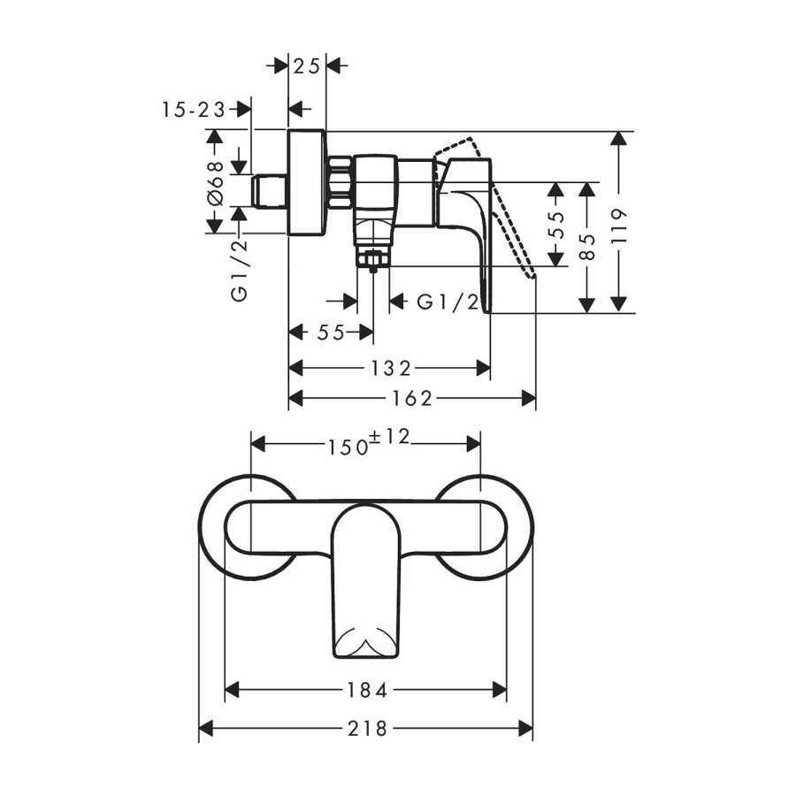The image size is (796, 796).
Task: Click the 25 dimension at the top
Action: pos(307,65)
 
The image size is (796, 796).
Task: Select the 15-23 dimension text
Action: pos(194,109)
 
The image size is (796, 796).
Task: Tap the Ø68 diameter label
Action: pos(216,183)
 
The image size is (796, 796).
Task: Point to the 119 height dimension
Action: pos(619,226)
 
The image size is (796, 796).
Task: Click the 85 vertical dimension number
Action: pos(587,247)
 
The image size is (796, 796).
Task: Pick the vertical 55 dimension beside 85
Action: pos(557,224)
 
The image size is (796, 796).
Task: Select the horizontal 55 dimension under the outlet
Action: pos(331,333)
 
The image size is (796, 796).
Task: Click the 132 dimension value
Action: pos(390,368)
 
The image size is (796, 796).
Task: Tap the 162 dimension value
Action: pos(411,399)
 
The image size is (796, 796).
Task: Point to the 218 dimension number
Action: pos(367,729)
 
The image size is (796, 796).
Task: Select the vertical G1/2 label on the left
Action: pos(240,269)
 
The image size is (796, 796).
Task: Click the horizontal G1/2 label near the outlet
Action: pos(448,302)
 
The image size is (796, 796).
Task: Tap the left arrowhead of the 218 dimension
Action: pos(205,729)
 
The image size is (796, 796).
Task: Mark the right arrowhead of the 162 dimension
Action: pos(529,399)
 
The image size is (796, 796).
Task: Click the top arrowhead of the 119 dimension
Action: pos(618,139)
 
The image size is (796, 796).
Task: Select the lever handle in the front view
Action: pos(366,582)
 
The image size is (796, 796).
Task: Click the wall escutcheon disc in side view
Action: pos(307,183)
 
